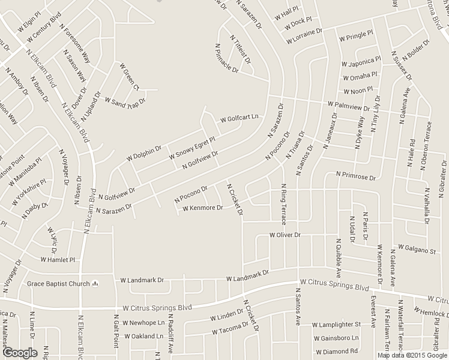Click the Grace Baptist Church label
[58, 284]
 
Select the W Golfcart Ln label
[240, 118]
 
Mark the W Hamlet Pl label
[58, 260]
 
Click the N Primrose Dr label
[356, 178]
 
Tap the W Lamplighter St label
[337, 325]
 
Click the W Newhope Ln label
[143, 322]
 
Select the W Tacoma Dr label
[230, 329]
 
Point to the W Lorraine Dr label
[304, 35]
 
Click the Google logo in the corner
[20, 352]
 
